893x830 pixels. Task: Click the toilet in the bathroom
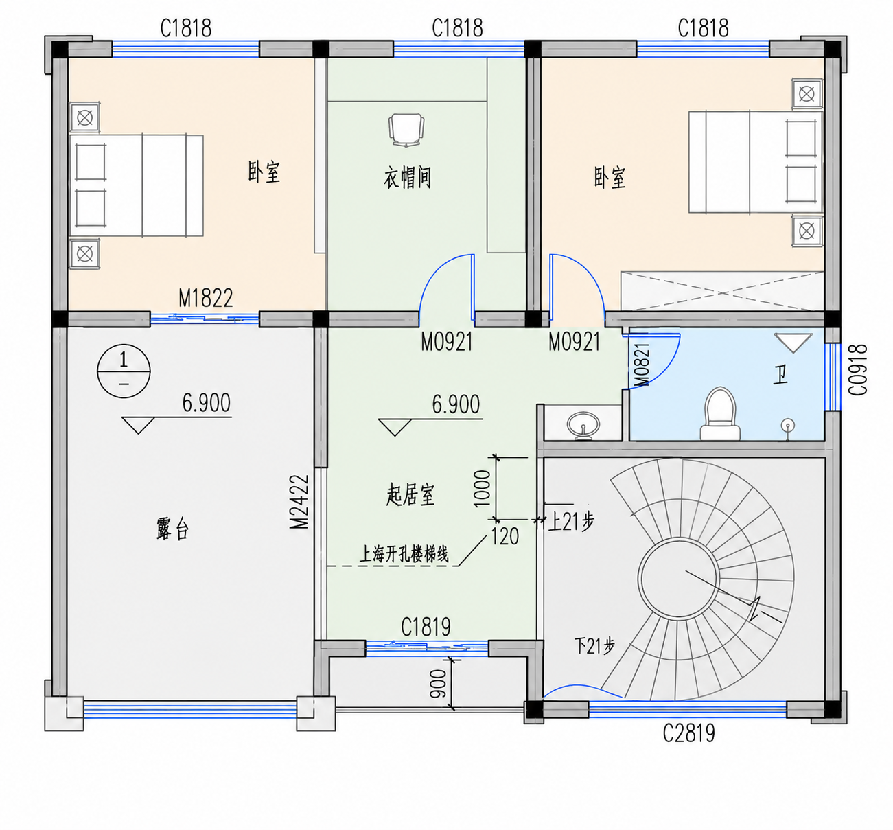(720, 414)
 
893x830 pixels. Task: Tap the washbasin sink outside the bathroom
(583, 424)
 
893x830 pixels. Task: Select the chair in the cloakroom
(406, 130)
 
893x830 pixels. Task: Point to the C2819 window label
(689, 733)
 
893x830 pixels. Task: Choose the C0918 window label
(858, 370)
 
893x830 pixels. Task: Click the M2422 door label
(299, 502)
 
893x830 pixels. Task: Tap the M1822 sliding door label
(206, 298)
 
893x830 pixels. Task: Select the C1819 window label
(426, 627)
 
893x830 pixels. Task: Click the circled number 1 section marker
(124, 371)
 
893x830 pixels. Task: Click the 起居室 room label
(410, 495)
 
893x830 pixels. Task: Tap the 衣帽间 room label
(408, 177)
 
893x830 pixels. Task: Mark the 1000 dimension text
(482, 488)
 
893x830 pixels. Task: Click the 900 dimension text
(438, 684)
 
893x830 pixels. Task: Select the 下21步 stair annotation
(594, 647)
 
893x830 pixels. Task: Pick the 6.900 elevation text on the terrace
(207, 402)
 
